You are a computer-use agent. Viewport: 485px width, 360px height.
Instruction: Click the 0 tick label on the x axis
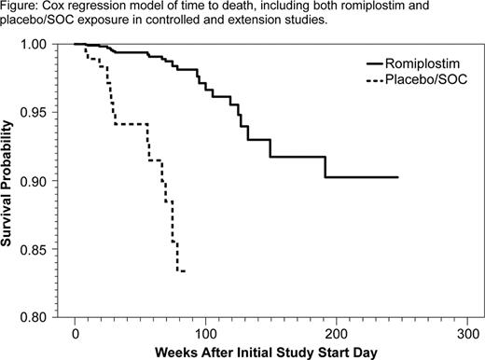76,333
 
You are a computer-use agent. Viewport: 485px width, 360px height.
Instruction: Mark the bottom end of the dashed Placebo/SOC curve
185,270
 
